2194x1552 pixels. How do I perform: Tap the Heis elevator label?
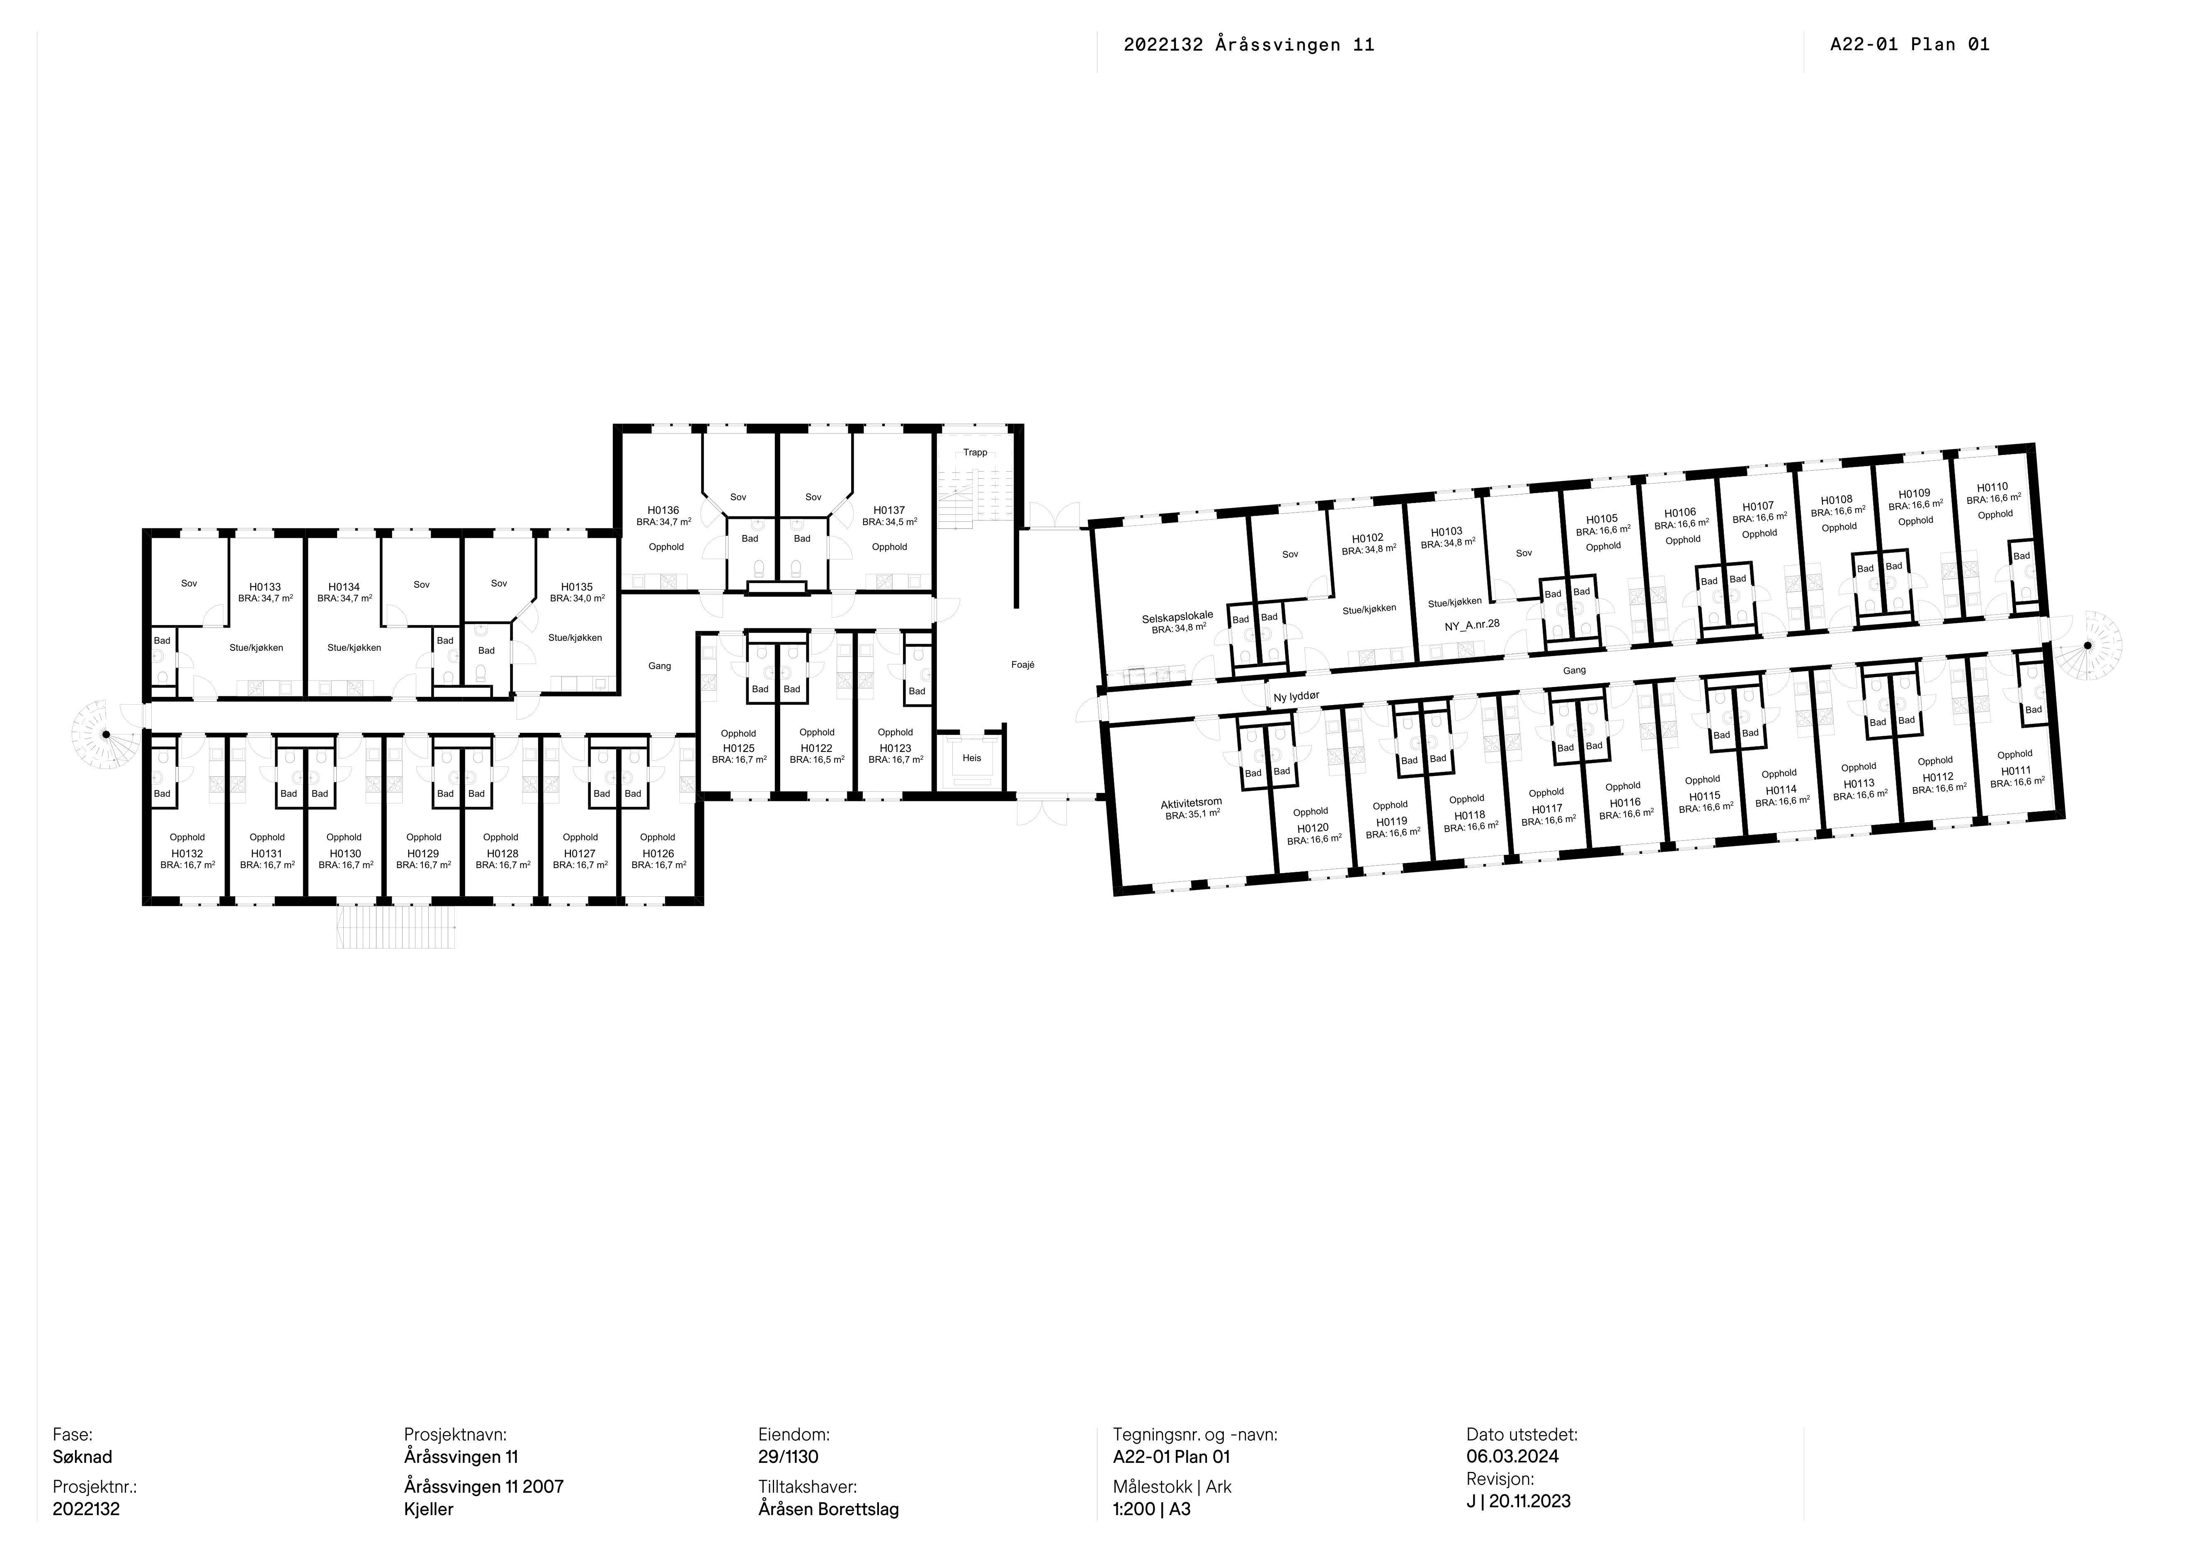coord(972,758)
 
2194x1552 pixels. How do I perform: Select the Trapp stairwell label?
coord(976,452)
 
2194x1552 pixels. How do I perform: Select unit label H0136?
coord(663,510)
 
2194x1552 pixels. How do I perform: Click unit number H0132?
coord(187,854)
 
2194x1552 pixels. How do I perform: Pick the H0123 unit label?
coord(896,748)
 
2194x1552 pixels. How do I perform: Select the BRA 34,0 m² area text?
coord(577,598)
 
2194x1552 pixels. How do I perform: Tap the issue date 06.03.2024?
coord(1513,1457)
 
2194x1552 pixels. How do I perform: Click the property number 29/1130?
coord(789,1457)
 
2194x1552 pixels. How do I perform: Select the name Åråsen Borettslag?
coord(828,1509)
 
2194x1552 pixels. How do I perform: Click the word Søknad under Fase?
coord(82,1457)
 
